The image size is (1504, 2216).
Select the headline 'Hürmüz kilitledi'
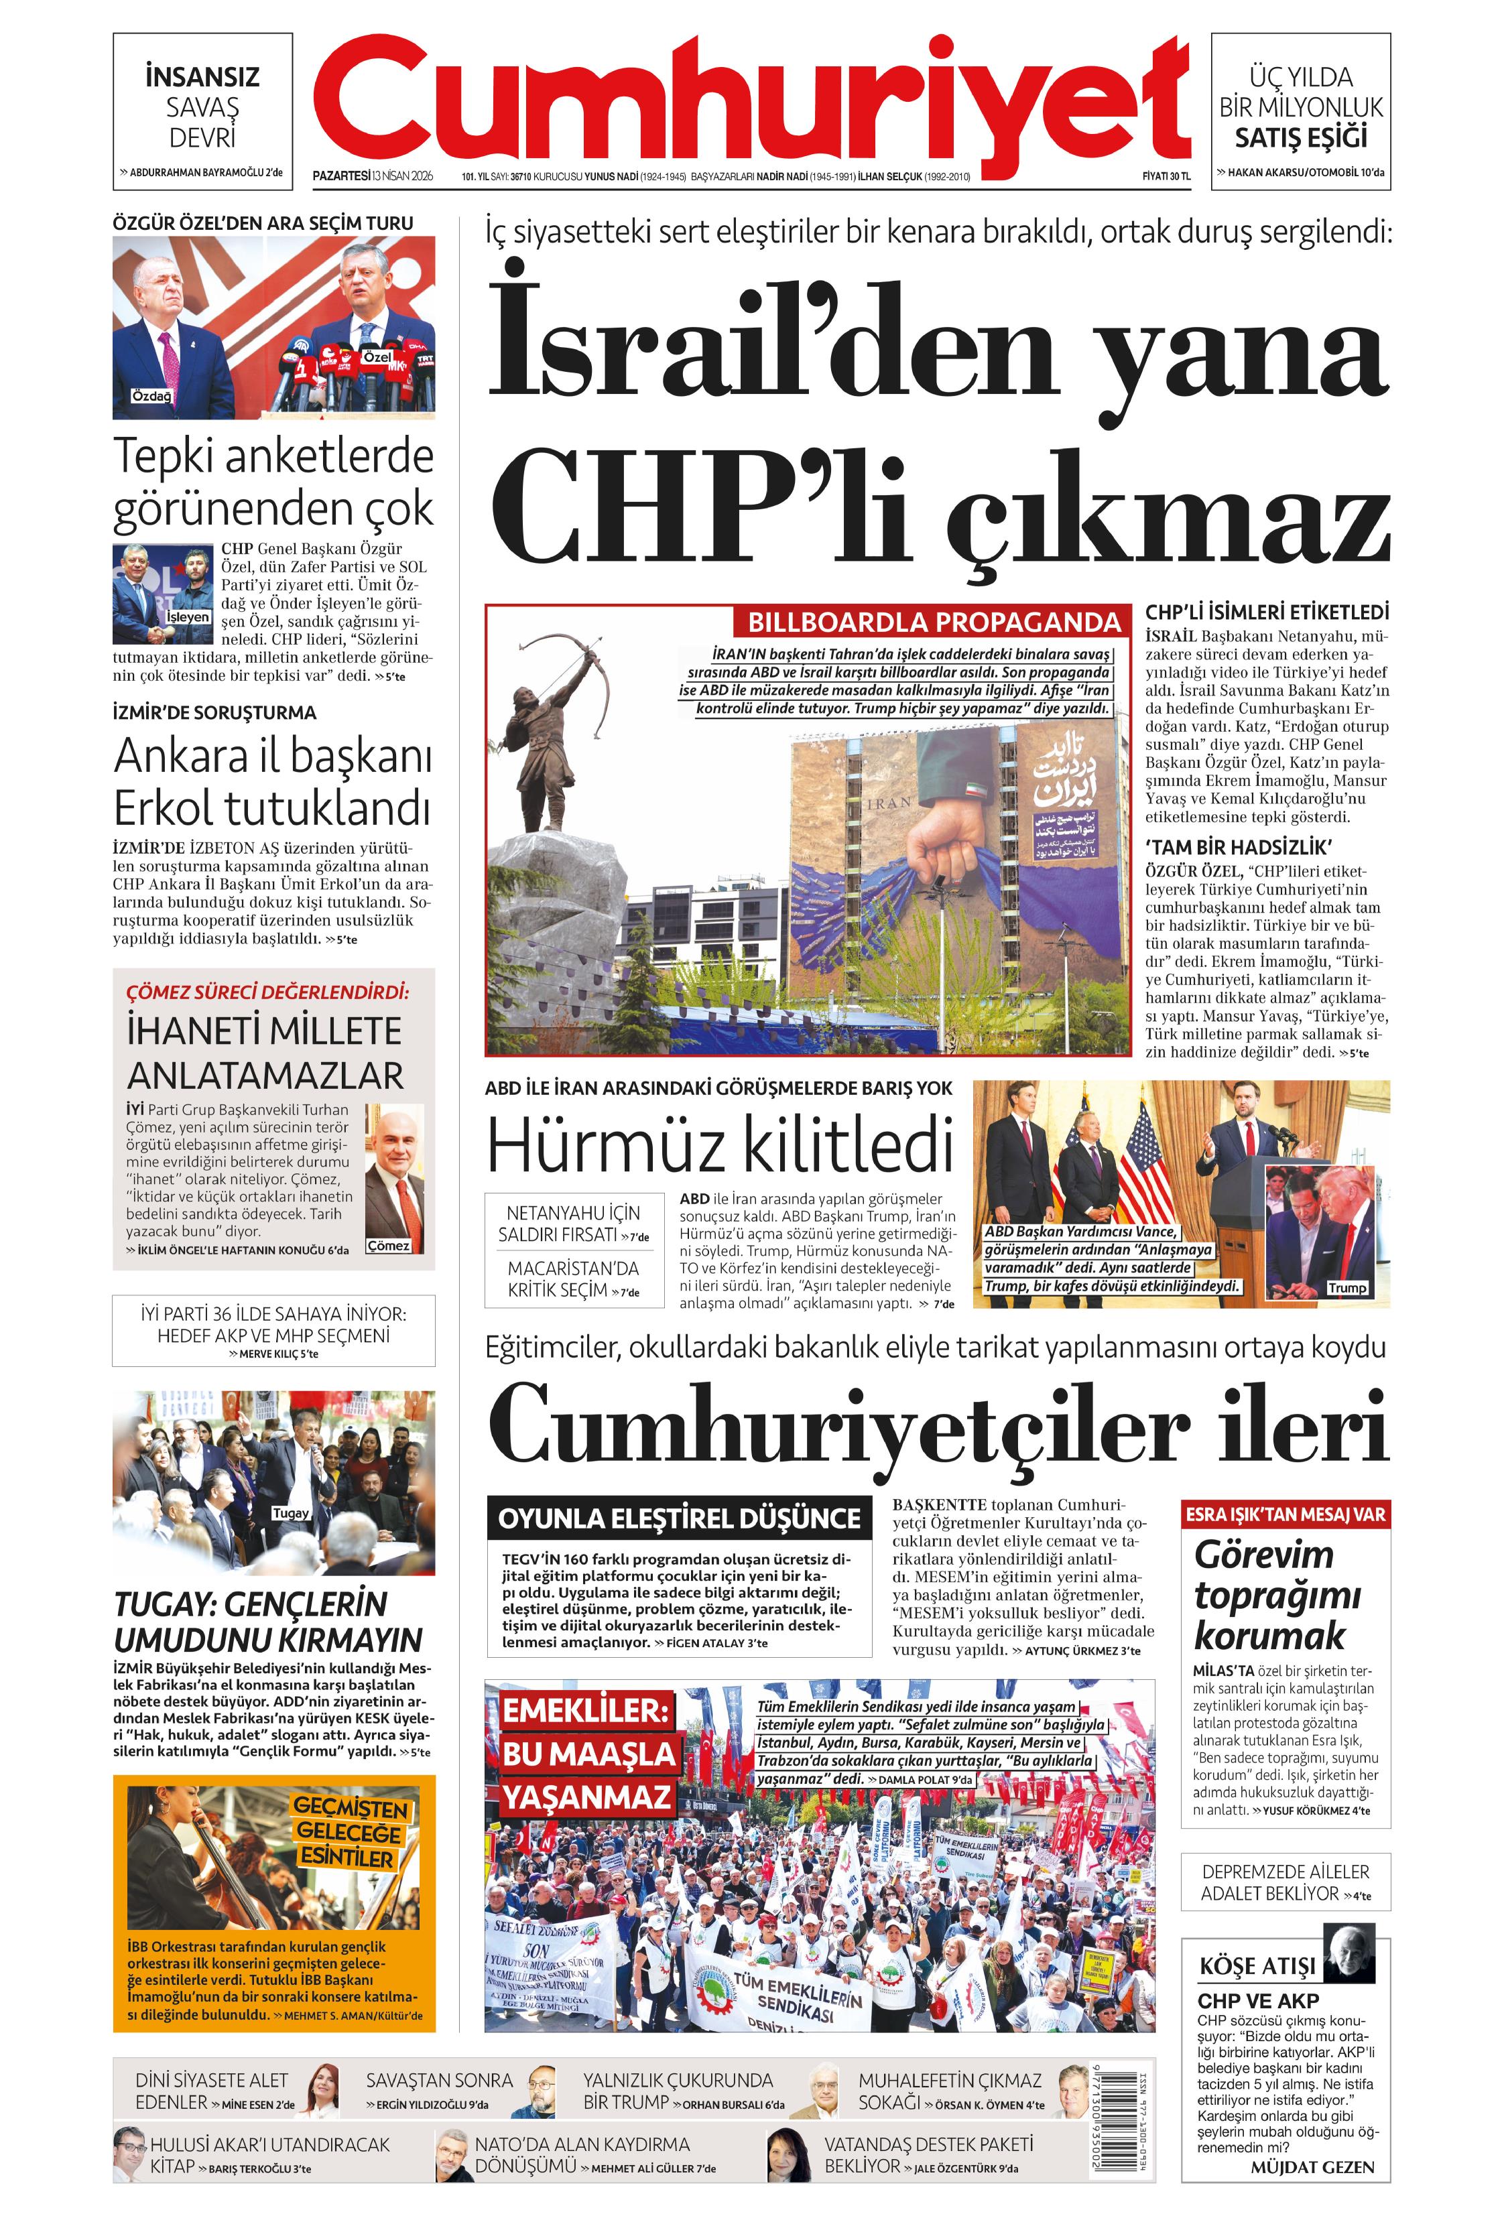[x=720, y=1145]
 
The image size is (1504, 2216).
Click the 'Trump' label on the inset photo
[x=1346, y=1287]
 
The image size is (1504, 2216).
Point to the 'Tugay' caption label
[x=291, y=1513]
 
